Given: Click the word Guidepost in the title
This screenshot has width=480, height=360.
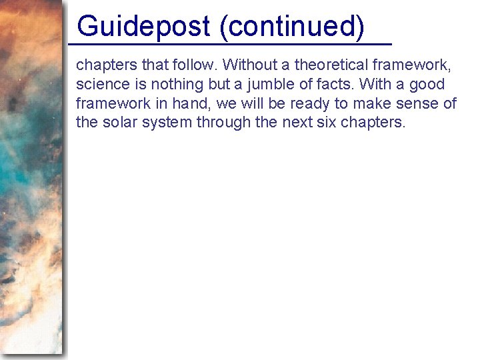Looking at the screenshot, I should [x=143, y=26].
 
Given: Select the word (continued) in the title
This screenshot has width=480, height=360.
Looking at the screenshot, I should [x=291, y=26].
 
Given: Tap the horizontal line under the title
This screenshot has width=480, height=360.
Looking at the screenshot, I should [x=230, y=44].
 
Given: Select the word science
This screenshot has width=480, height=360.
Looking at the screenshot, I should [x=100, y=85].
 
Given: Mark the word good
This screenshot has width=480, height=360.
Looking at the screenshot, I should [x=427, y=85].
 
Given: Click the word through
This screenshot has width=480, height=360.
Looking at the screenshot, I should [x=221, y=123].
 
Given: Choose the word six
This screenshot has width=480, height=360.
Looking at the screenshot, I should [x=323, y=123].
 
